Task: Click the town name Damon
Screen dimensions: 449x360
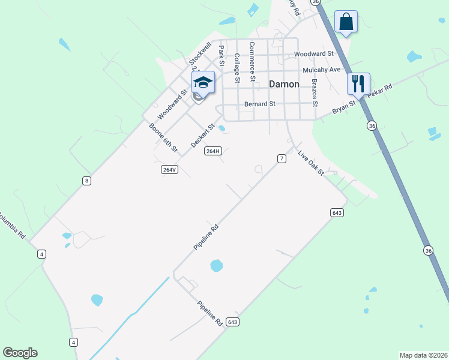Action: (x=283, y=85)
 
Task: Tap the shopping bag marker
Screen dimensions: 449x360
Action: (x=346, y=22)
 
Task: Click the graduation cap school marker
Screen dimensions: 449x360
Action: (x=203, y=83)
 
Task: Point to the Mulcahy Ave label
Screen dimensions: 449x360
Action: (x=322, y=70)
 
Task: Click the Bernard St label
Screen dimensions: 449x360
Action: (x=259, y=104)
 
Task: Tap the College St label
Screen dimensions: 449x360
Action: (x=237, y=68)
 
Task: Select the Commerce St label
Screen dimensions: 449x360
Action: (x=252, y=62)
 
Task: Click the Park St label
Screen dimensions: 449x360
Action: (x=221, y=56)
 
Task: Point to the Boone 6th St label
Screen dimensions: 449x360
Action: (x=164, y=137)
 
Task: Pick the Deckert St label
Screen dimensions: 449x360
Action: (x=202, y=136)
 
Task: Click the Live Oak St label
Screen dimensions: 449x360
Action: (x=311, y=163)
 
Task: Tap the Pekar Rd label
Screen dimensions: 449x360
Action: (x=380, y=91)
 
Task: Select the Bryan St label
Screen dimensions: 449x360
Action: (x=344, y=107)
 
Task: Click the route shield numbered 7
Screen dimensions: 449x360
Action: (x=281, y=158)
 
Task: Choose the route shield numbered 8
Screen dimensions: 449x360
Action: (x=87, y=181)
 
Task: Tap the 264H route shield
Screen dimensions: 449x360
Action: (x=213, y=151)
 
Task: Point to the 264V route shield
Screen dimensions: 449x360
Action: (x=170, y=170)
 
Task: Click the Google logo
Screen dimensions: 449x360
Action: (x=20, y=353)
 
